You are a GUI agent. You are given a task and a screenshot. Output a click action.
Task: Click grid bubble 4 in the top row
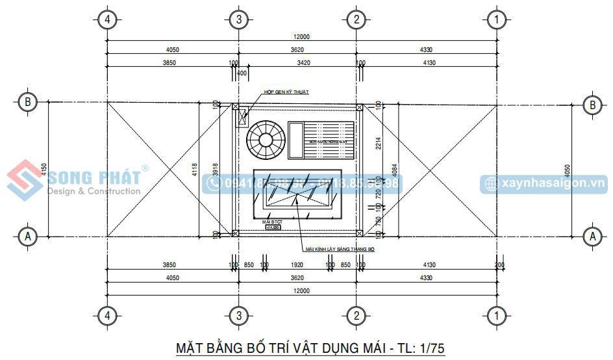click(x=108, y=19)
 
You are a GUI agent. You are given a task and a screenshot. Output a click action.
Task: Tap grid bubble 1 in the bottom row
click(x=497, y=316)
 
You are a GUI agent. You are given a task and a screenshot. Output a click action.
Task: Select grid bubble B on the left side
click(x=27, y=102)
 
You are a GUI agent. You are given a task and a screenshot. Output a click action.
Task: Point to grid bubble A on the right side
click(x=592, y=236)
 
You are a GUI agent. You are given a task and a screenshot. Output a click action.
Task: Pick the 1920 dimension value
click(x=297, y=265)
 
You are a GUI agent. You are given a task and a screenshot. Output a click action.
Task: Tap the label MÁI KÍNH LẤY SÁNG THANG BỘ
click(x=340, y=249)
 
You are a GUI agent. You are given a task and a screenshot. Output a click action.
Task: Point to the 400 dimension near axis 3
click(x=242, y=73)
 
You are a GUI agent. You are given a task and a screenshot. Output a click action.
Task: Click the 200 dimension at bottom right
click(x=499, y=265)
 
